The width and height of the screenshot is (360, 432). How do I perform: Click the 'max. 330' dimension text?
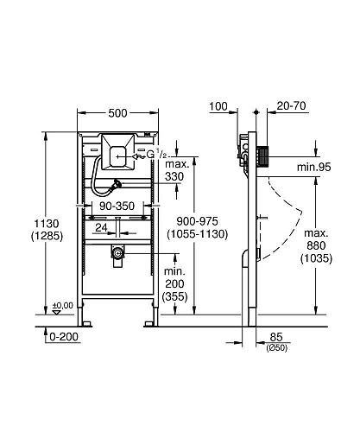177,170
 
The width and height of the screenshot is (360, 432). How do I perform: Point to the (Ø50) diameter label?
277,347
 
